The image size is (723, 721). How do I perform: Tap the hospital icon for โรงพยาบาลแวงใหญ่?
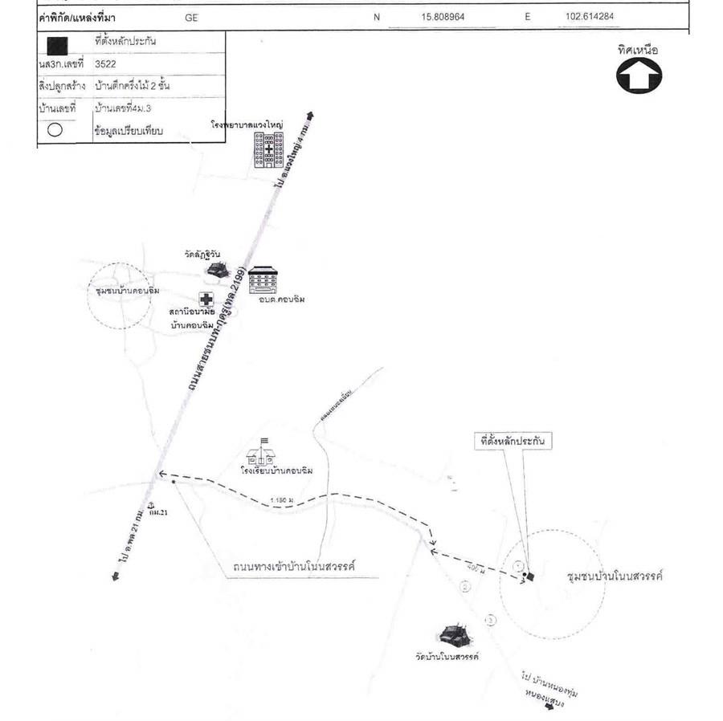click(268, 150)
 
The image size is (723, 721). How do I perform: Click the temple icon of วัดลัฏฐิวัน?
click(215, 270)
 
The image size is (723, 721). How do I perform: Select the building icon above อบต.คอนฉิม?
click(263, 280)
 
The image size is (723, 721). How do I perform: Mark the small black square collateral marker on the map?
click(529, 576)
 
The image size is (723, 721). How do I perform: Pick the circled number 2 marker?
click(464, 587)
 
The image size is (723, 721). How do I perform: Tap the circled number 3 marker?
click(491, 619)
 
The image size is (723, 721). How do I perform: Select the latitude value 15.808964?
click(443, 17)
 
